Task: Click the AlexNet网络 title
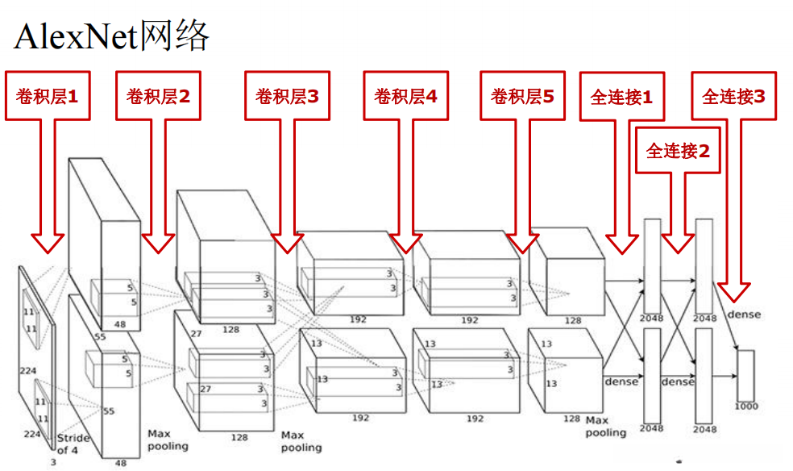tap(112, 36)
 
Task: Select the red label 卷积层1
tap(48, 97)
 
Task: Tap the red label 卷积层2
tap(158, 97)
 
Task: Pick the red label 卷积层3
tap(287, 97)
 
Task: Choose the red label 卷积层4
tap(405, 97)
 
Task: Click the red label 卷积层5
tap(522, 97)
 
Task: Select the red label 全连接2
tap(678, 150)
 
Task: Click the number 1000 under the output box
tap(745, 406)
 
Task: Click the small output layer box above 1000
tap(745, 374)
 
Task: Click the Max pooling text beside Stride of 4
tap(168, 440)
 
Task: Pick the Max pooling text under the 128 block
tap(301, 441)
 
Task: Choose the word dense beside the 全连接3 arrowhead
tap(743, 314)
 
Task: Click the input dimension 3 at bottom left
tap(53, 462)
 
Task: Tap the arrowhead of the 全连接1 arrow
tap(621, 244)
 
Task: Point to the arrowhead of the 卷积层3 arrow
tap(287, 243)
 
